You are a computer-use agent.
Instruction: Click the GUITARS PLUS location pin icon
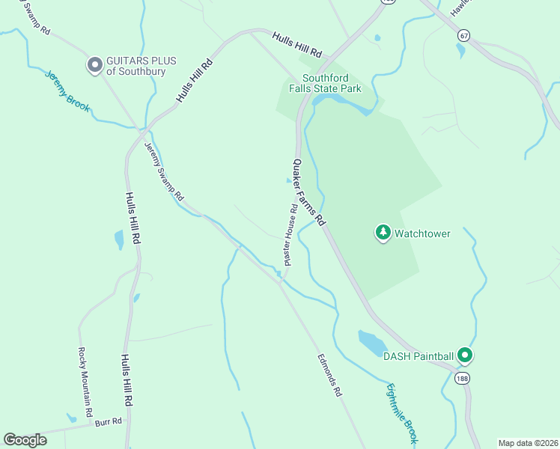[94, 66]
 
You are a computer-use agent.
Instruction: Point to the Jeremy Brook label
[67, 91]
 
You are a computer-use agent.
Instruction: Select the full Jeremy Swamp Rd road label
[164, 171]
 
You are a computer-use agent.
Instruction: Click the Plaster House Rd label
[290, 234]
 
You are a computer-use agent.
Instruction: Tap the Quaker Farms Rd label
[310, 192]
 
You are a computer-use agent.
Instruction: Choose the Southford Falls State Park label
[332, 83]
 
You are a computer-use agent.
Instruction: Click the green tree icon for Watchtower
[383, 233]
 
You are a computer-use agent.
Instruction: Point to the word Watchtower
[422, 233]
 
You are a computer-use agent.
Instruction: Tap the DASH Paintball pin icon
[465, 355]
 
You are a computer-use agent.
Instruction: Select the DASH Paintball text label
[419, 356]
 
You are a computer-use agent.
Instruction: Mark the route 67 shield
[464, 35]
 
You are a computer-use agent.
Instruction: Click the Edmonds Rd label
[329, 374]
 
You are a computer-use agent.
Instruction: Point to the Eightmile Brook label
[401, 411]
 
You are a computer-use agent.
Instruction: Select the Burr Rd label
[108, 422]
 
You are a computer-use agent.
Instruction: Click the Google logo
[25, 439]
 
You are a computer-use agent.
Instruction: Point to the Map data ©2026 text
[527, 442]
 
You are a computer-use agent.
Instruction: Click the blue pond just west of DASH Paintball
[372, 343]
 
